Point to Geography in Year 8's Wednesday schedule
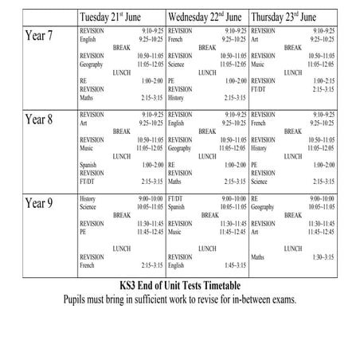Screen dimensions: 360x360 pos(181,148)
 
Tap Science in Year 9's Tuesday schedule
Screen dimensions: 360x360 pos(90,205)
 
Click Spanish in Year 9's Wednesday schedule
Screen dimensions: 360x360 pos(178,205)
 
